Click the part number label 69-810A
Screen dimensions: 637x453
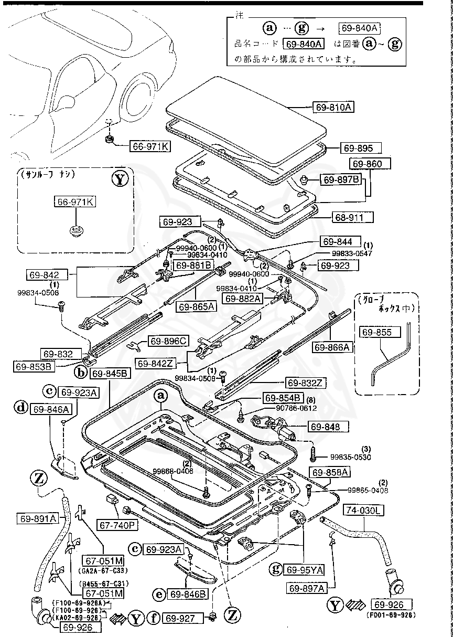tap(333, 107)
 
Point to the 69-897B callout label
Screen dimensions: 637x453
tap(341, 180)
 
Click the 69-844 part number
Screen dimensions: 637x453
tap(341, 242)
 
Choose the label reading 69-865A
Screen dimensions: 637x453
tap(196, 306)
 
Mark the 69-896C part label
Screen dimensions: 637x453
tap(168, 341)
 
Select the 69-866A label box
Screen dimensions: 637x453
tap(332, 347)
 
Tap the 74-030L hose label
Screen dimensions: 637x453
tap(364, 509)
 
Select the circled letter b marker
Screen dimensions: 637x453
tap(81, 373)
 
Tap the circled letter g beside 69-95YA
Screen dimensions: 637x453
tap(276, 569)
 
